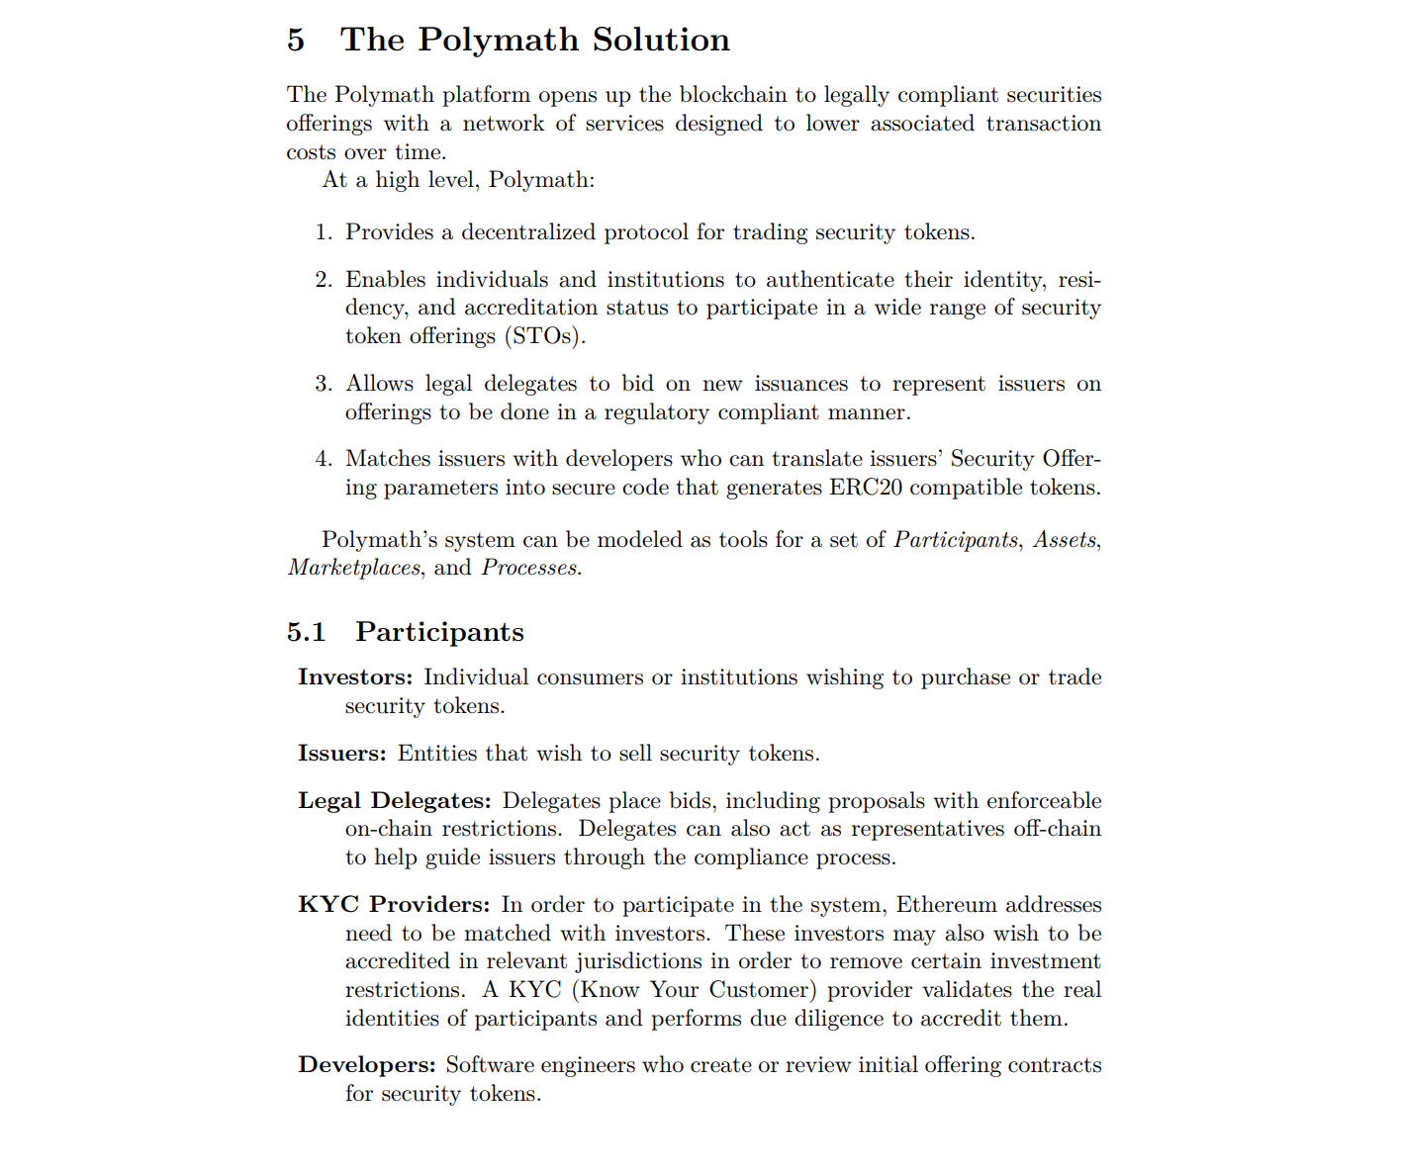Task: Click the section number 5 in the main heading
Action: [296, 40]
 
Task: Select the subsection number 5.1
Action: [306, 632]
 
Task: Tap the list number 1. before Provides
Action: [324, 232]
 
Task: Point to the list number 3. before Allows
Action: [324, 384]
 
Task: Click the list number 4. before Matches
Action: [324, 459]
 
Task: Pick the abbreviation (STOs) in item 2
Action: [545, 336]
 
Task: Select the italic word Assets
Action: [1065, 540]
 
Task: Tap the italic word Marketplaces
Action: [354, 568]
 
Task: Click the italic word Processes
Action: [529, 568]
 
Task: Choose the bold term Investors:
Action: [355, 677]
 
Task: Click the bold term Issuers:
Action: [342, 754]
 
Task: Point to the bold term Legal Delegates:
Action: [395, 801]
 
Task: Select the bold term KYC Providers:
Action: [394, 905]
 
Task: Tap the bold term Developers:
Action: [367, 1065]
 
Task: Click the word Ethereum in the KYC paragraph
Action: [946, 905]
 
